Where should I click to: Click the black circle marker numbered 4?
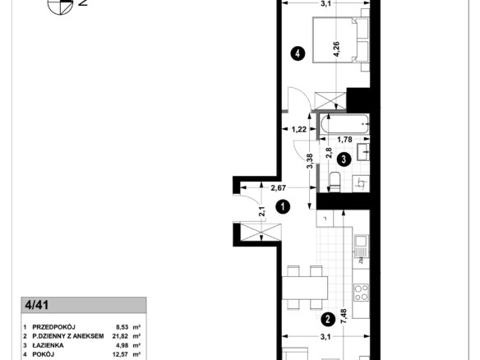click(x=298, y=53)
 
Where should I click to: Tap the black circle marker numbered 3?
click(x=344, y=159)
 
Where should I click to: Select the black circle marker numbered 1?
click(x=283, y=206)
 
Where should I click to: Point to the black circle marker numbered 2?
click(x=328, y=320)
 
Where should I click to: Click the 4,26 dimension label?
click(x=337, y=49)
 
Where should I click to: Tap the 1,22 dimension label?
click(x=299, y=129)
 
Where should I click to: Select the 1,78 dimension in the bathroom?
click(x=344, y=140)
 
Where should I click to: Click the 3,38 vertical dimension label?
click(x=310, y=161)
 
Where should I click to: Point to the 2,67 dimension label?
click(x=279, y=187)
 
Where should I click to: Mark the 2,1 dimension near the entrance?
click(x=262, y=211)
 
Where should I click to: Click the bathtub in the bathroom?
click(x=345, y=123)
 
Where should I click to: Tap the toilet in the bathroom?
click(x=334, y=182)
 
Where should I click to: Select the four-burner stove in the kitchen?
click(x=361, y=293)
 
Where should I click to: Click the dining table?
click(x=305, y=288)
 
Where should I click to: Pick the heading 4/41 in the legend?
click(x=37, y=305)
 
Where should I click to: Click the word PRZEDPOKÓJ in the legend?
click(x=54, y=327)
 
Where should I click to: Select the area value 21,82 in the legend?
click(x=121, y=336)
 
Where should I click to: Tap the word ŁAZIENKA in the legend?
click(x=48, y=345)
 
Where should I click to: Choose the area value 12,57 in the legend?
click(x=121, y=354)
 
